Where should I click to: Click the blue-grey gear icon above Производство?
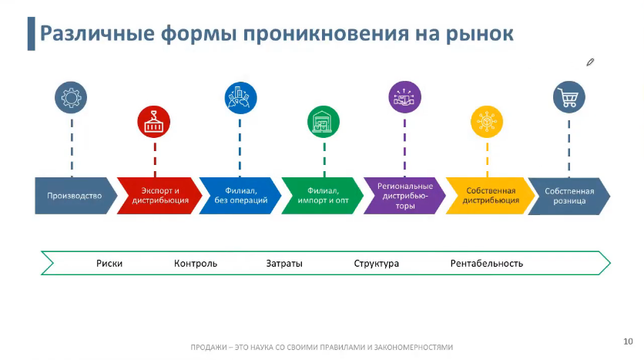coord(71,98)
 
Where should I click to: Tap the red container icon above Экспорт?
coord(154,122)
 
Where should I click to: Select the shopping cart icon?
coord(569,98)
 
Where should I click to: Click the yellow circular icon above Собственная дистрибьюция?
coord(487,122)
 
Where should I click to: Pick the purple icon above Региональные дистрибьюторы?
coord(405,97)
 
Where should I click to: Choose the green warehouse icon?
coord(324,122)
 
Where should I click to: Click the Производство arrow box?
coord(74,196)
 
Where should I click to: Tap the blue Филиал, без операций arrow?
coord(241,196)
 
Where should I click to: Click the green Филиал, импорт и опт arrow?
coord(324,196)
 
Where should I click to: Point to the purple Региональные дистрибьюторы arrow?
coord(405,196)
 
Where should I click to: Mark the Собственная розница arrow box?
coord(570,196)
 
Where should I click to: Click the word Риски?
coord(109,264)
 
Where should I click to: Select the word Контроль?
coord(196,264)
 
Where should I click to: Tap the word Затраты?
coord(284,264)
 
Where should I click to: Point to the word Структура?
coord(377,264)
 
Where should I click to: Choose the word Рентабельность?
coord(487,264)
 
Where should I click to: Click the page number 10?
coord(628,340)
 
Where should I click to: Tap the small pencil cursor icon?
coord(590,62)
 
